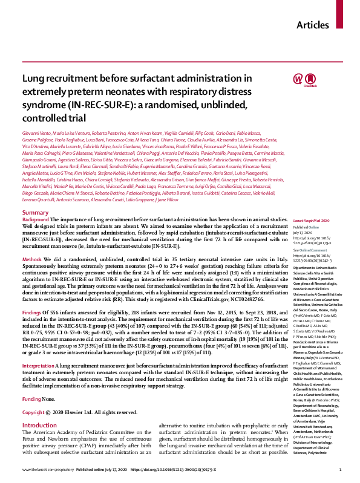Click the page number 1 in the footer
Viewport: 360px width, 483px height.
point(341,470)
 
